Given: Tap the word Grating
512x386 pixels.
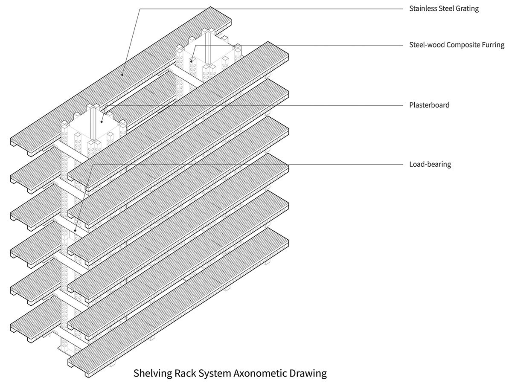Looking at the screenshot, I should [466, 9].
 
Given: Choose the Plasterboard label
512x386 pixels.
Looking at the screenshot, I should [429, 105].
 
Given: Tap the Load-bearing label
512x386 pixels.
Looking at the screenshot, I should [430, 164].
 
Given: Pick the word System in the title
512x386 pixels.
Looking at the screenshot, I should [215, 374].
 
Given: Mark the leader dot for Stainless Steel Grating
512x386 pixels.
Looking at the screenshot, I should [122, 75].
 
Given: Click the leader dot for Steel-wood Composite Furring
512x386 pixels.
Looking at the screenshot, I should [192, 61].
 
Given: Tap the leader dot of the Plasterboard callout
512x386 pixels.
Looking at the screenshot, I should [101, 121].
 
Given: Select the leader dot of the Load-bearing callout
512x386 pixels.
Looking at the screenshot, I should [75, 230].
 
